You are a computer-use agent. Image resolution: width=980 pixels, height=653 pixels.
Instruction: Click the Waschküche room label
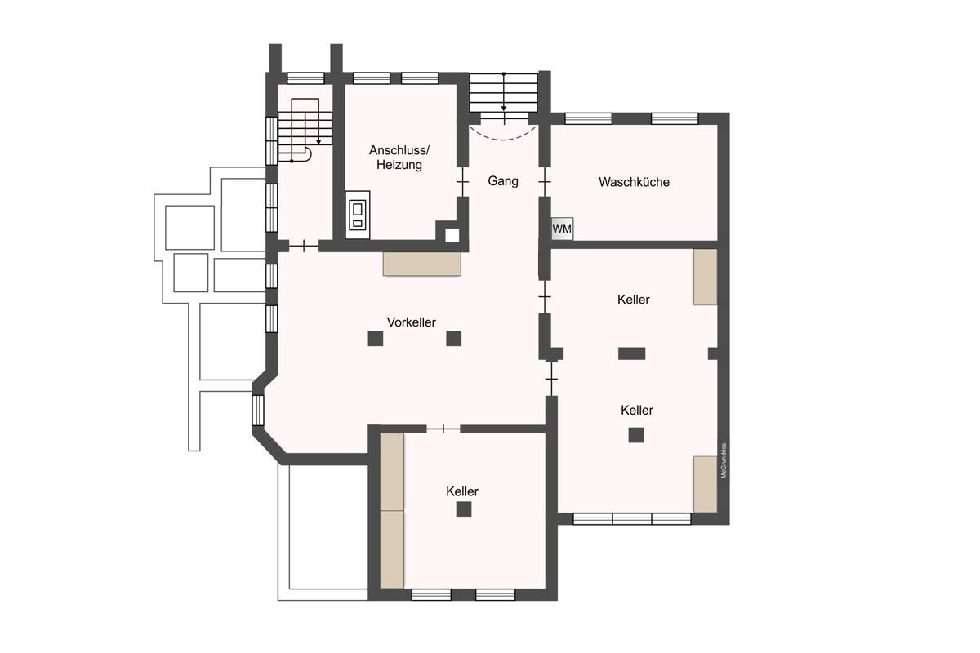[x=634, y=182]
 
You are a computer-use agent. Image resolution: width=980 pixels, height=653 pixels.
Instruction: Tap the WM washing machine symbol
[x=562, y=229]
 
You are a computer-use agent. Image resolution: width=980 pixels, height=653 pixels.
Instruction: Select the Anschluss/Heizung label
[x=399, y=158]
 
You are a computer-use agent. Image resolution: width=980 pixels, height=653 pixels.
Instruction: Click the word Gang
[x=503, y=181]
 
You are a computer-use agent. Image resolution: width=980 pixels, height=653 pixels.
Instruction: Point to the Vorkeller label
[x=412, y=322]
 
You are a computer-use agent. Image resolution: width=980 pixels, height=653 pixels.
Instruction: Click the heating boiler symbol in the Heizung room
[x=357, y=215]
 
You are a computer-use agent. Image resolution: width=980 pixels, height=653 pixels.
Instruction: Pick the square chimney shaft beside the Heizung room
[x=452, y=235]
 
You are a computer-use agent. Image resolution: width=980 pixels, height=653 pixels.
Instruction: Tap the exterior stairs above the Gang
[x=504, y=91]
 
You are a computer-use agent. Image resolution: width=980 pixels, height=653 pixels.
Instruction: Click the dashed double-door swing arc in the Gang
[x=504, y=132]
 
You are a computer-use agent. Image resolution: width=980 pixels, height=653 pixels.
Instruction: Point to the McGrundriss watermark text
[x=723, y=461]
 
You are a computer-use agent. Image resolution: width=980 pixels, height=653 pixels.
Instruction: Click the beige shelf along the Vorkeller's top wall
[x=421, y=264]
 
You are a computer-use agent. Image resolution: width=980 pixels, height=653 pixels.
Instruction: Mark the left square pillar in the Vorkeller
[x=375, y=338]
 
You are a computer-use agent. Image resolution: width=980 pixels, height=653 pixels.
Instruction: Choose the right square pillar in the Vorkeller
[x=454, y=338]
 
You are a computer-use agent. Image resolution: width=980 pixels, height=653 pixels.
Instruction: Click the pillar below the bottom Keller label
[x=464, y=509]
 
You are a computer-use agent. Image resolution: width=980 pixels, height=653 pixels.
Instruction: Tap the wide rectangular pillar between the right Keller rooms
[x=631, y=353]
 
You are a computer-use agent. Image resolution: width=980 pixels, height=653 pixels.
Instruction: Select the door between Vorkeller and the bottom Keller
[x=443, y=429]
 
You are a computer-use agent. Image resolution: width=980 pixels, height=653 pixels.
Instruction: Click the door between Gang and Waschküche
[x=545, y=181]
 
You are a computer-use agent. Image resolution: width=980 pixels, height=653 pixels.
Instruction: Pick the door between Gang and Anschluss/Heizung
[x=462, y=181]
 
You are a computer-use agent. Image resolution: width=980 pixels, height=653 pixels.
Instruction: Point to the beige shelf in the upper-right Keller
[x=705, y=277]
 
